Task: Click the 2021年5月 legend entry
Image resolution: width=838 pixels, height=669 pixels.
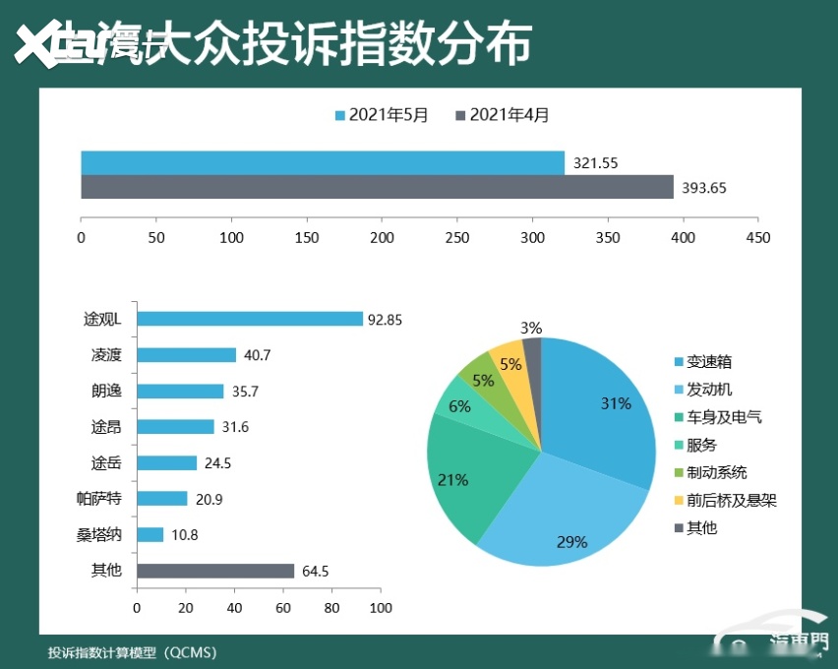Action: click(x=383, y=115)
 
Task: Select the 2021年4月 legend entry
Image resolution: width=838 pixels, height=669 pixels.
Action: click(x=503, y=115)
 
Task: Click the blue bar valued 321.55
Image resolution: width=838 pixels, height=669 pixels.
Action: click(x=323, y=162)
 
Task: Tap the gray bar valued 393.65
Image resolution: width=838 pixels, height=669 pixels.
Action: click(x=377, y=187)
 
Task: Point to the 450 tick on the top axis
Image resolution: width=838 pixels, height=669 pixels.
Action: click(x=758, y=238)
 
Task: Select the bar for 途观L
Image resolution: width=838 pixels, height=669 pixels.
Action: click(x=250, y=319)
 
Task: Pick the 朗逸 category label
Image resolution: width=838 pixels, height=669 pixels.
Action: click(x=105, y=391)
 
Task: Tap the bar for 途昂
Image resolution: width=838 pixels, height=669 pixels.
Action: click(x=175, y=427)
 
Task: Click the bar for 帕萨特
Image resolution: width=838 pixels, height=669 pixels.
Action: click(x=162, y=499)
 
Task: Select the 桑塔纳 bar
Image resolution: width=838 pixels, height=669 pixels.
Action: click(x=150, y=534)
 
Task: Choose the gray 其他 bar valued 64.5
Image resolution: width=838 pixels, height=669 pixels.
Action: click(x=215, y=571)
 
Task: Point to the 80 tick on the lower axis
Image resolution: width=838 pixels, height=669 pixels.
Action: click(x=331, y=608)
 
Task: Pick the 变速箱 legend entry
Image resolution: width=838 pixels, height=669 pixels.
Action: click(x=708, y=362)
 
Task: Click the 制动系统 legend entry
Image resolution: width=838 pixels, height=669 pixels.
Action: click(x=716, y=472)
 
